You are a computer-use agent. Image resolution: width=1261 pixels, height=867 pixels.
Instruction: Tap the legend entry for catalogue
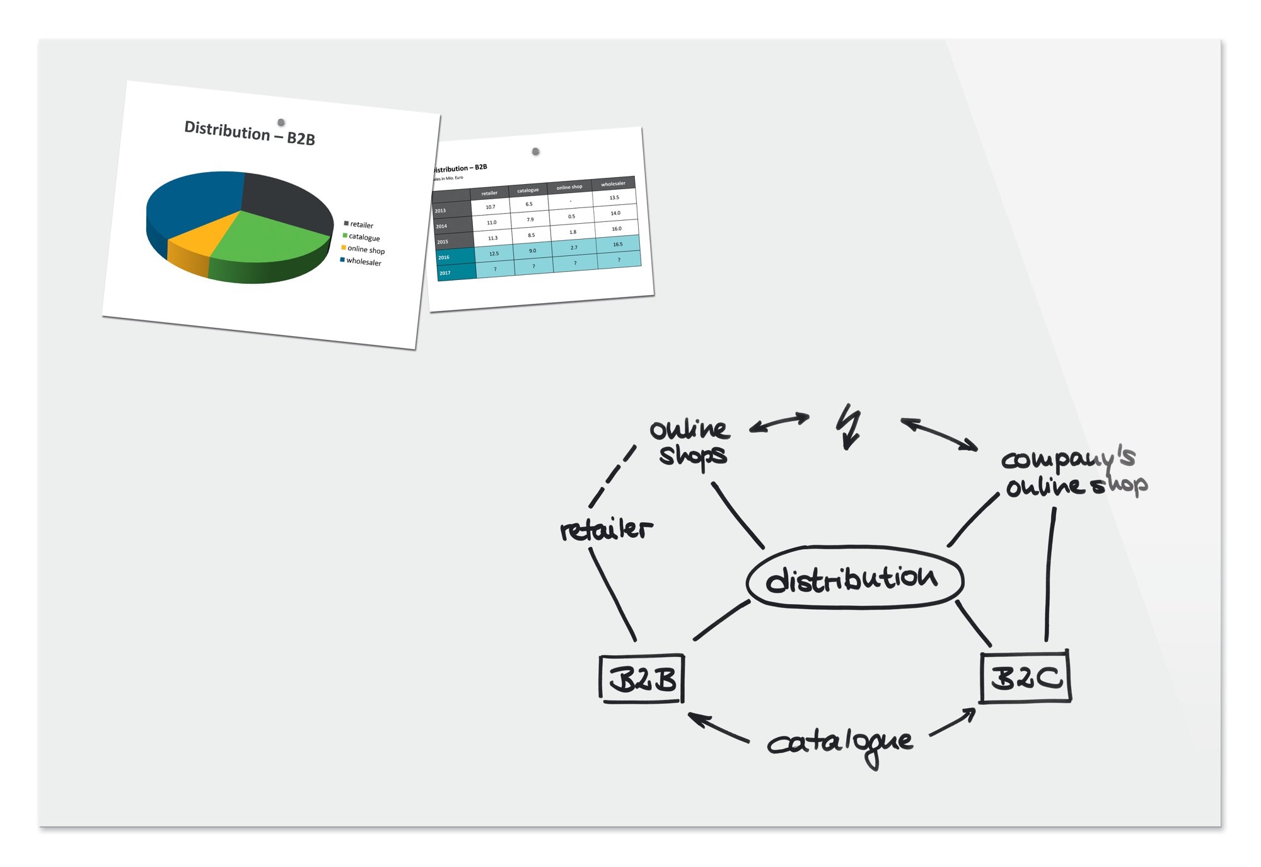(364, 237)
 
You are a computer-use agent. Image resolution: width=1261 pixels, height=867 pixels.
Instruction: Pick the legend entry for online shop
(365, 249)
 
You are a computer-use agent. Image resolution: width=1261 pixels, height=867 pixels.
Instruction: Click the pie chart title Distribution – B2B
(250, 132)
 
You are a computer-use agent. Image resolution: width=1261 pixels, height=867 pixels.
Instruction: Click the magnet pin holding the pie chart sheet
(281, 122)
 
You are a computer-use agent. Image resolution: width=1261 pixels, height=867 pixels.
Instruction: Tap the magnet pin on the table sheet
(535, 151)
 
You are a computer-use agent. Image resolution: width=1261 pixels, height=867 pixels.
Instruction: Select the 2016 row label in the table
(445, 257)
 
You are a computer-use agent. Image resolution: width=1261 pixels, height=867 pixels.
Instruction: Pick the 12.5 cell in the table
(494, 253)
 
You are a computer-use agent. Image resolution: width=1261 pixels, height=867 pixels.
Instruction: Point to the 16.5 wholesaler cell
(618, 244)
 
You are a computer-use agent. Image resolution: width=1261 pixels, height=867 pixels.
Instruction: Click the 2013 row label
(441, 211)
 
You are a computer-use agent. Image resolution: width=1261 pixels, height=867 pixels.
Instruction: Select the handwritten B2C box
(1026, 677)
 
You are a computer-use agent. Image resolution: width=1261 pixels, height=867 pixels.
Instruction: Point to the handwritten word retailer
(606, 529)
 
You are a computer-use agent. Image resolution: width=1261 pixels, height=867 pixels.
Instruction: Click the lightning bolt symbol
(850, 426)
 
